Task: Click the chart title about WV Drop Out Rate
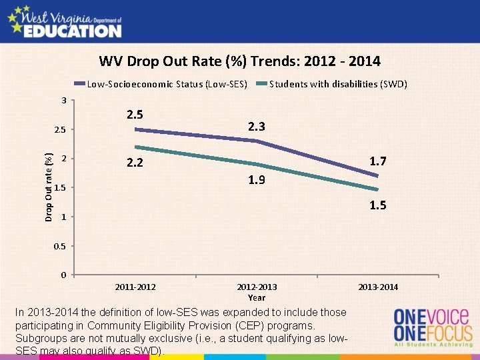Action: point(240,62)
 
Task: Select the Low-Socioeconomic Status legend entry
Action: point(167,84)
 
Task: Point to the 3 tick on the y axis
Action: point(63,101)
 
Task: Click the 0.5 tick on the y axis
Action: point(60,247)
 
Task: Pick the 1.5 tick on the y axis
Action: point(60,188)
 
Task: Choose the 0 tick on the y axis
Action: point(63,275)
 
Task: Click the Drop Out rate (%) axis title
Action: point(49,187)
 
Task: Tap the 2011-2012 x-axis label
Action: point(135,287)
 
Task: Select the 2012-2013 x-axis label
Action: point(257,287)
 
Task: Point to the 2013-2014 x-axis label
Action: point(378,287)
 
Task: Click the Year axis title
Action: point(257,298)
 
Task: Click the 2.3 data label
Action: point(257,127)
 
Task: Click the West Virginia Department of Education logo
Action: point(64,21)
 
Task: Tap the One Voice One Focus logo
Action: point(433,326)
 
